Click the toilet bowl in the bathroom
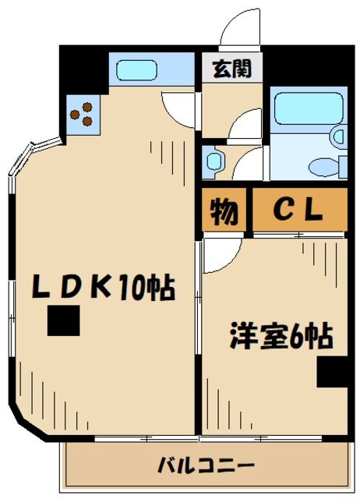[321, 167]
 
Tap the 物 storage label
[225, 211]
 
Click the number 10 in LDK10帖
[133, 289]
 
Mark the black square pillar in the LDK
[64, 320]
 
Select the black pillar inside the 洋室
[332, 373]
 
